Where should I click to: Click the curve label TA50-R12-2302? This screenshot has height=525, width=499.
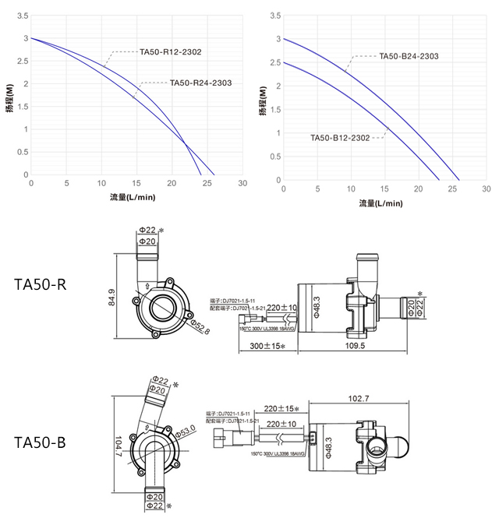point(171,52)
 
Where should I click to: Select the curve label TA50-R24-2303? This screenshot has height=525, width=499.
point(200,83)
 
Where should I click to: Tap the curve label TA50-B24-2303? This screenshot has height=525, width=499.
point(409,56)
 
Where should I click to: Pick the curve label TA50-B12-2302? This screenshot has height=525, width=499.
point(339,138)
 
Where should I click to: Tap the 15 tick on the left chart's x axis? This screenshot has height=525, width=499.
point(136,184)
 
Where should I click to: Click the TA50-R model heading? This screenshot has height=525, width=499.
point(41,284)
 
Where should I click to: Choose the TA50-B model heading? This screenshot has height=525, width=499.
point(41,442)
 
